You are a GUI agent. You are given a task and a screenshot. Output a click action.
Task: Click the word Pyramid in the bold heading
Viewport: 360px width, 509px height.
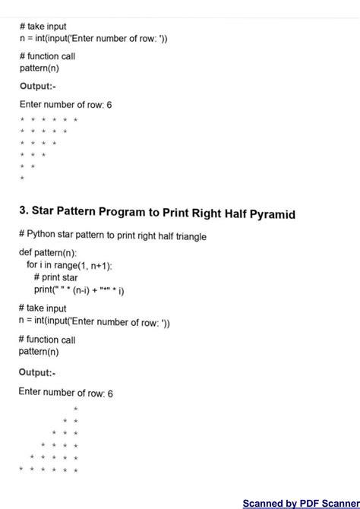(268, 214)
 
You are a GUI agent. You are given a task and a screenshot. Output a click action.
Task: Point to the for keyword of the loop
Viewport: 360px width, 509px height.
(32, 264)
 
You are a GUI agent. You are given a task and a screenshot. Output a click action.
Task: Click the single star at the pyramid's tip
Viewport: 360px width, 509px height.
(76, 409)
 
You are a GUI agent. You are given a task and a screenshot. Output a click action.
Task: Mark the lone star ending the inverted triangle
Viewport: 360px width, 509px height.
(22, 179)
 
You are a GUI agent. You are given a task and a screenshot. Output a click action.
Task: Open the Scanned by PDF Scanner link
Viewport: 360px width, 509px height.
(300, 503)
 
